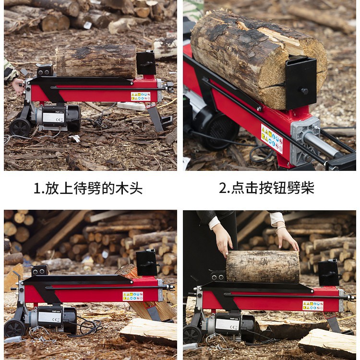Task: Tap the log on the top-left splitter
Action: point(96,60)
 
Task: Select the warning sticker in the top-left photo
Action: point(141,96)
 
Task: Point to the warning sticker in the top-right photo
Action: point(272,139)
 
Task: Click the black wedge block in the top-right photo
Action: point(301,82)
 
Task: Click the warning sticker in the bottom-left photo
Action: point(133,296)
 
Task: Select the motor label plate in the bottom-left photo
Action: point(49,317)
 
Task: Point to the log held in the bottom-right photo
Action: point(263,266)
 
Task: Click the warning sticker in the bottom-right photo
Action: point(312,306)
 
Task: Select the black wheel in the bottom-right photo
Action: point(192,335)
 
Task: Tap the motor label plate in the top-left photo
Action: point(53,117)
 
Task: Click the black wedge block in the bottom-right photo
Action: point(329,273)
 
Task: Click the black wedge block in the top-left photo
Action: point(146,63)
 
